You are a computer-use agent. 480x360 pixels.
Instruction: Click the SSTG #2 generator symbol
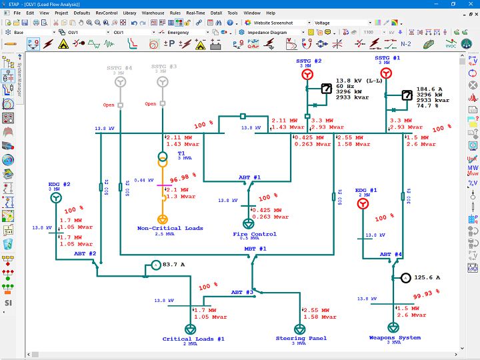pyautogui.click(x=307, y=75)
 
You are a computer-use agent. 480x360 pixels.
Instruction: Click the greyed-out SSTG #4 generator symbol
pyautogui.click(x=121, y=82)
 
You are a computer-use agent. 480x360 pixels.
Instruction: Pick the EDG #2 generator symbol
pyautogui.click(x=56, y=198)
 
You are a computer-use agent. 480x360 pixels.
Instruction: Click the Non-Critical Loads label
pyautogui.click(x=170, y=229)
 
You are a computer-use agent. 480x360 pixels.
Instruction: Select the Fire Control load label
pyautogui.click(x=255, y=234)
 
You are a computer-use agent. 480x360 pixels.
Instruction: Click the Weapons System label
pyautogui.click(x=395, y=338)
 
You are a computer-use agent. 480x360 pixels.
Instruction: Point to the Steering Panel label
pyautogui.click(x=301, y=339)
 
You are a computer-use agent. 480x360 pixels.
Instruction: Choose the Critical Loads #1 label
pyautogui.click(x=193, y=339)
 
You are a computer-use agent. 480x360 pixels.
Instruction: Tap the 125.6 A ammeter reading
pyautogui.click(x=427, y=277)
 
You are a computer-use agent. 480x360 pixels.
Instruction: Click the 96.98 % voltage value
pyautogui.click(x=181, y=179)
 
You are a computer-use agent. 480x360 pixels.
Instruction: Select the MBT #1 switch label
pyautogui.click(x=255, y=249)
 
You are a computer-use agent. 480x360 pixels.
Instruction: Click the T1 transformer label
pyautogui.click(x=181, y=153)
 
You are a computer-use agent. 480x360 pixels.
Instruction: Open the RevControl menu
pyautogui.click(x=106, y=13)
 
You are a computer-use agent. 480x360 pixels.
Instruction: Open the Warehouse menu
pyautogui.click(x=153, y=13)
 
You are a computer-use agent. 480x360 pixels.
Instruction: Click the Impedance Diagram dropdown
pyautogui.click(x=275, y=32)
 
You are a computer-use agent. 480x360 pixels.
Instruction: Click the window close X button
pyautogui.click(x=469, y=4)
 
